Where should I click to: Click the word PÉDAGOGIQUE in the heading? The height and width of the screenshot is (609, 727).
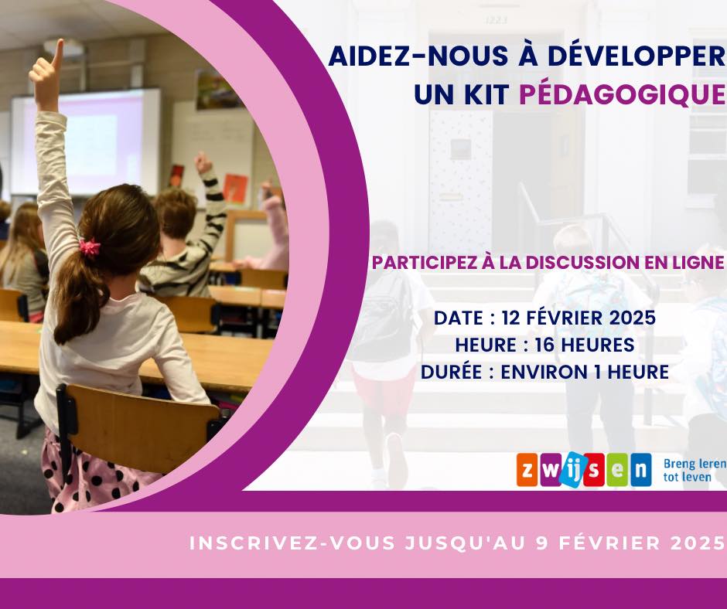tap(623, 94)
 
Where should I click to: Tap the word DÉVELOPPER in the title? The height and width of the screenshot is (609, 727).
tap(636, 56)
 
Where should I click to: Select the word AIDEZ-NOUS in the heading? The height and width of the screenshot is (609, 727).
tap(411, 56)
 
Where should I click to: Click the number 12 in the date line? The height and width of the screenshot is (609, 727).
tap(511, 318)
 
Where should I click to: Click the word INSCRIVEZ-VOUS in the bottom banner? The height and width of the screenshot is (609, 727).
tap(292, 543)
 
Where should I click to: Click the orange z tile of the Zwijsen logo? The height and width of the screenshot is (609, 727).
tap(527, 470)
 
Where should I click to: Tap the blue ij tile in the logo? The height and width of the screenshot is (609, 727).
tap(571, 469)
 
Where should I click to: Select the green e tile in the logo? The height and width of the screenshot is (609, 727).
tap(617, 470)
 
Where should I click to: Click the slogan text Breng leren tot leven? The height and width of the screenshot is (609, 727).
tap(695, 470)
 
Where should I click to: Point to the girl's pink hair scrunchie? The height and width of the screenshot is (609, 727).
tap(90, 247)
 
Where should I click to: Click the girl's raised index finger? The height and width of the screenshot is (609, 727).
tap(58, 51)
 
